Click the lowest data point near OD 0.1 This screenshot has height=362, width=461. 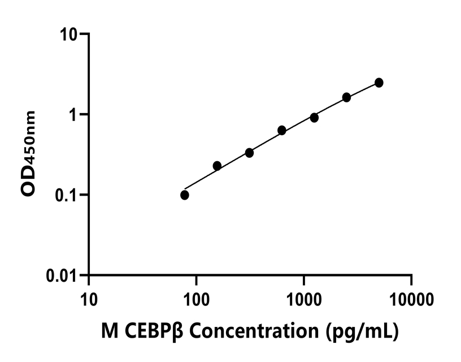[185, 195]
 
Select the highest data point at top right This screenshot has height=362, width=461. [379, 83]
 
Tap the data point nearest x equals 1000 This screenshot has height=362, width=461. [314, 118]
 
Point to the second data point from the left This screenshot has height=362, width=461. [217, 166]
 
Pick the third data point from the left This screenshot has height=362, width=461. [249, 153]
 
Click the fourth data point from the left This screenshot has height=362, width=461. [282, 131]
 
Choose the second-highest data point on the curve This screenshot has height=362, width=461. [346, 97]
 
